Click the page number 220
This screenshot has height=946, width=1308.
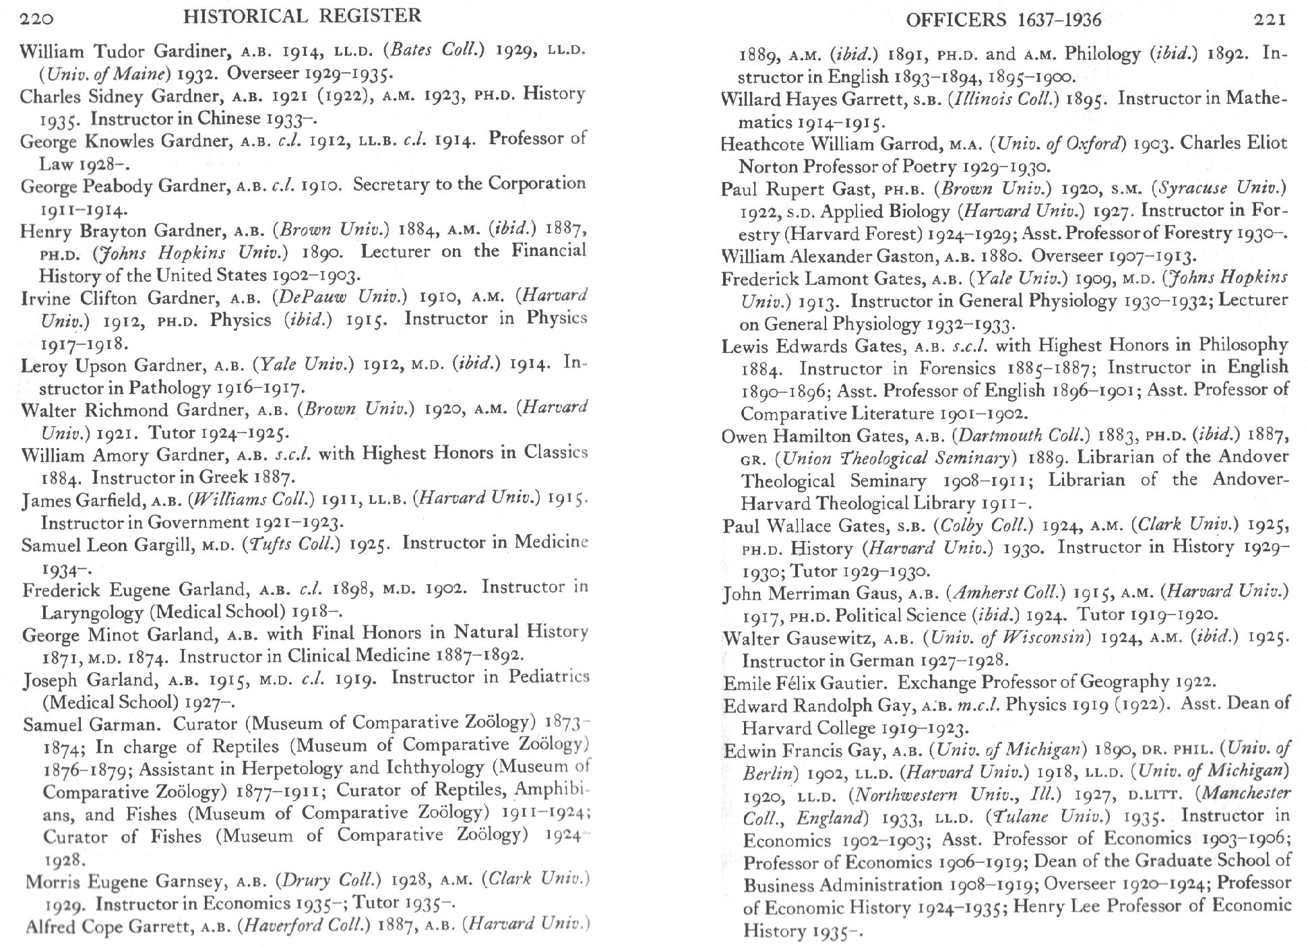click(36, 18)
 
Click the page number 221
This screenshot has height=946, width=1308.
click(1270, 20)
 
